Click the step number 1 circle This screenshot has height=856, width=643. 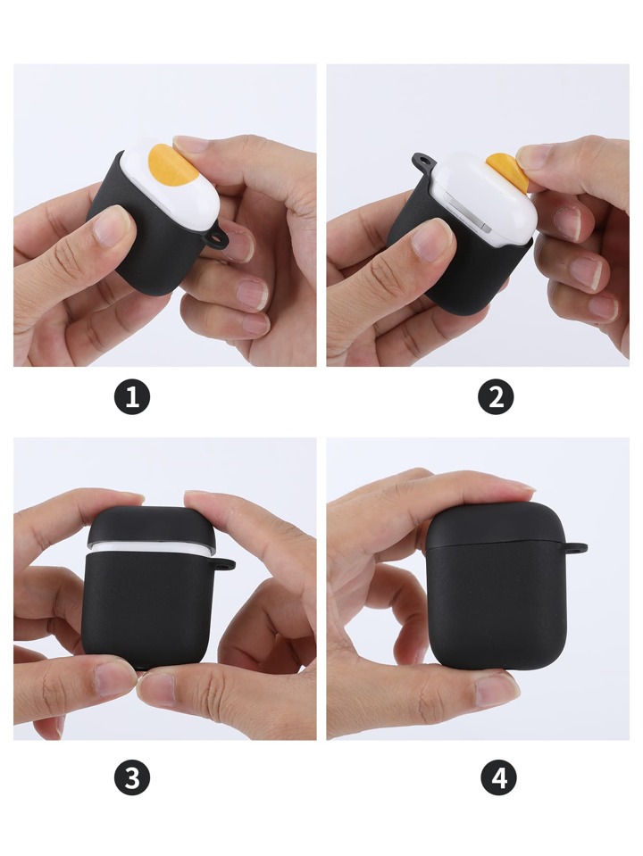coord(131,397)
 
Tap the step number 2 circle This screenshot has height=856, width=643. coord(496,397)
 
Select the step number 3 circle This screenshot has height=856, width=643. coord(131,777)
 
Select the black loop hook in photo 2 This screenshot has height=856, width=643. coord(425,162)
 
